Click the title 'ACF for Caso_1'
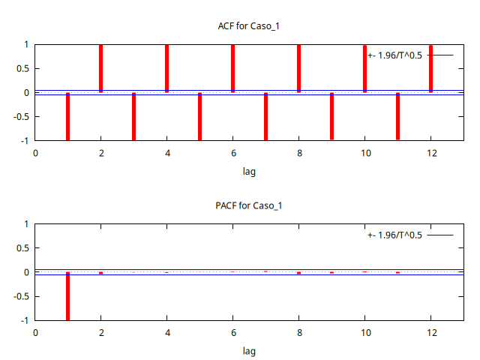(x=248, y=26)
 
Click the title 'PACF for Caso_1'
(x=248, y=205)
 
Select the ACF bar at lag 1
(x=67, y=116)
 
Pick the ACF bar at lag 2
(x=100, y=68)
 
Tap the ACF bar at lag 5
(x=199, y=116)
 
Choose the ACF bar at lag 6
(x=232, y=68)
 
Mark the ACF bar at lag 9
(x=331, y=116)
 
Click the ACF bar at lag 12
(x=430, y=68)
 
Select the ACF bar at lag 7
(x=265, y=116)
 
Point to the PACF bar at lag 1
(x=67, y=296)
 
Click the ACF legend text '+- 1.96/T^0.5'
(x=395, y=55)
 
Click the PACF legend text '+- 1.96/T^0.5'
(x=395, y=235)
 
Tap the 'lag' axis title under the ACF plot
(x=249, y=171)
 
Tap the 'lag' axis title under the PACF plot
(x=249, y=350)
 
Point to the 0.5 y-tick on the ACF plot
(x=22, y=68)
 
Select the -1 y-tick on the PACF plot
(x=25, y=320)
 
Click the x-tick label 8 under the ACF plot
(x=298, y=153)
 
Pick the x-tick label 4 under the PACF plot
(x=166, y=332)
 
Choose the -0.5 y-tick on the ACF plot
(x=20, y=116)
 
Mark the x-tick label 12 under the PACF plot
(x=431, y=332)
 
